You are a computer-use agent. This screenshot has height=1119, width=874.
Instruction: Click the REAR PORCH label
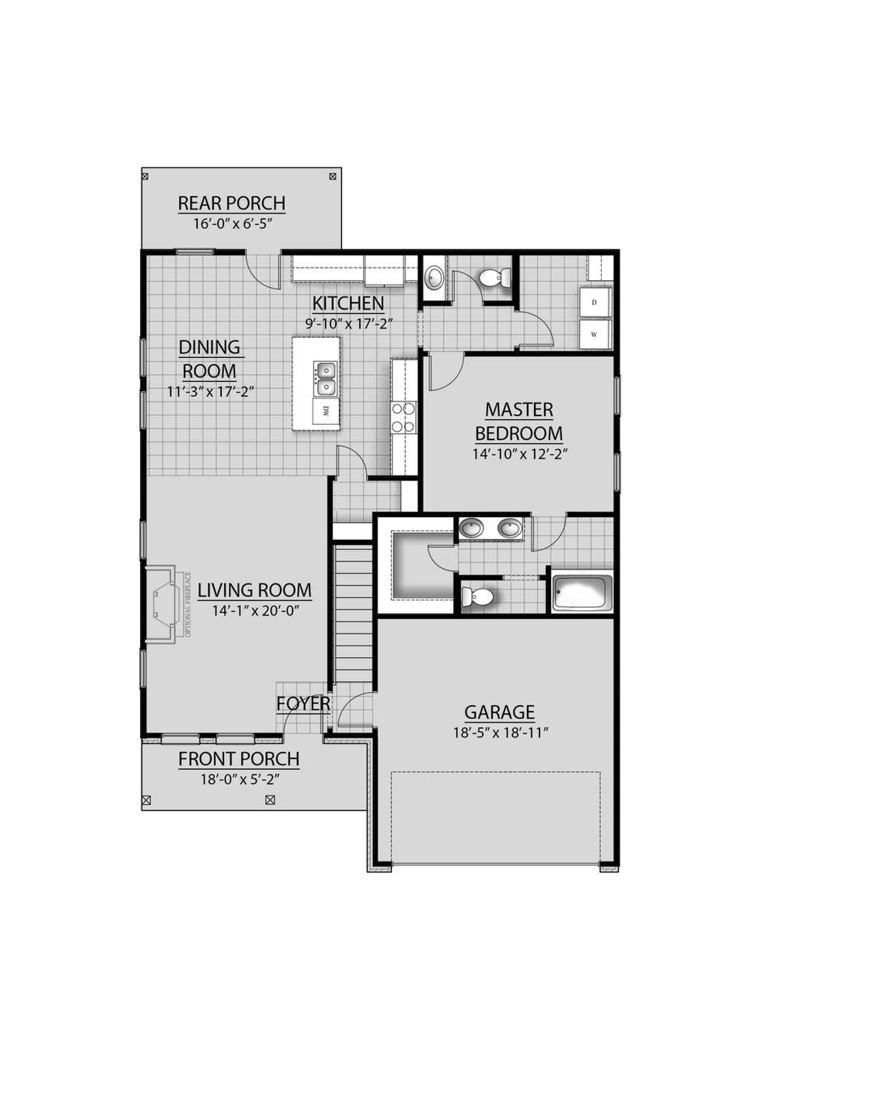point(231,204)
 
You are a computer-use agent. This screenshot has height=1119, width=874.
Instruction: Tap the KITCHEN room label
point(348,303)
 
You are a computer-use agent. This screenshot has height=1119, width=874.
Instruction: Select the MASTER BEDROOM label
point(519,422)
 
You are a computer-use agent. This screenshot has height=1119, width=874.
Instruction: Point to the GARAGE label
point(499,713)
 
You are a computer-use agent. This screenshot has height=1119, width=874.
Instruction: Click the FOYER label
point(303,704)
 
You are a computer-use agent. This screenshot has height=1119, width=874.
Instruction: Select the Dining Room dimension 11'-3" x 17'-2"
point(210,392)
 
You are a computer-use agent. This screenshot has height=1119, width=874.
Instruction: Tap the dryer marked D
point(594,303)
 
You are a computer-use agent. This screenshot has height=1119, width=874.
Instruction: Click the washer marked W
point(594,335)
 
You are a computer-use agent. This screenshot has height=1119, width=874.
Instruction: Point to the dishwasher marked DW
point(326,411)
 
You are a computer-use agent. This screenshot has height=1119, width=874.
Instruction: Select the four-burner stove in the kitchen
point(403,417)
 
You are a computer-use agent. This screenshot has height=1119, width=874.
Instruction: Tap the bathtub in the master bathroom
point(582,592)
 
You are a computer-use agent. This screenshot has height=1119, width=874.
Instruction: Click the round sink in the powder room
point(434,278)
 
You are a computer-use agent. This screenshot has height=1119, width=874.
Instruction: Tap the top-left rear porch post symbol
point(145,176)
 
